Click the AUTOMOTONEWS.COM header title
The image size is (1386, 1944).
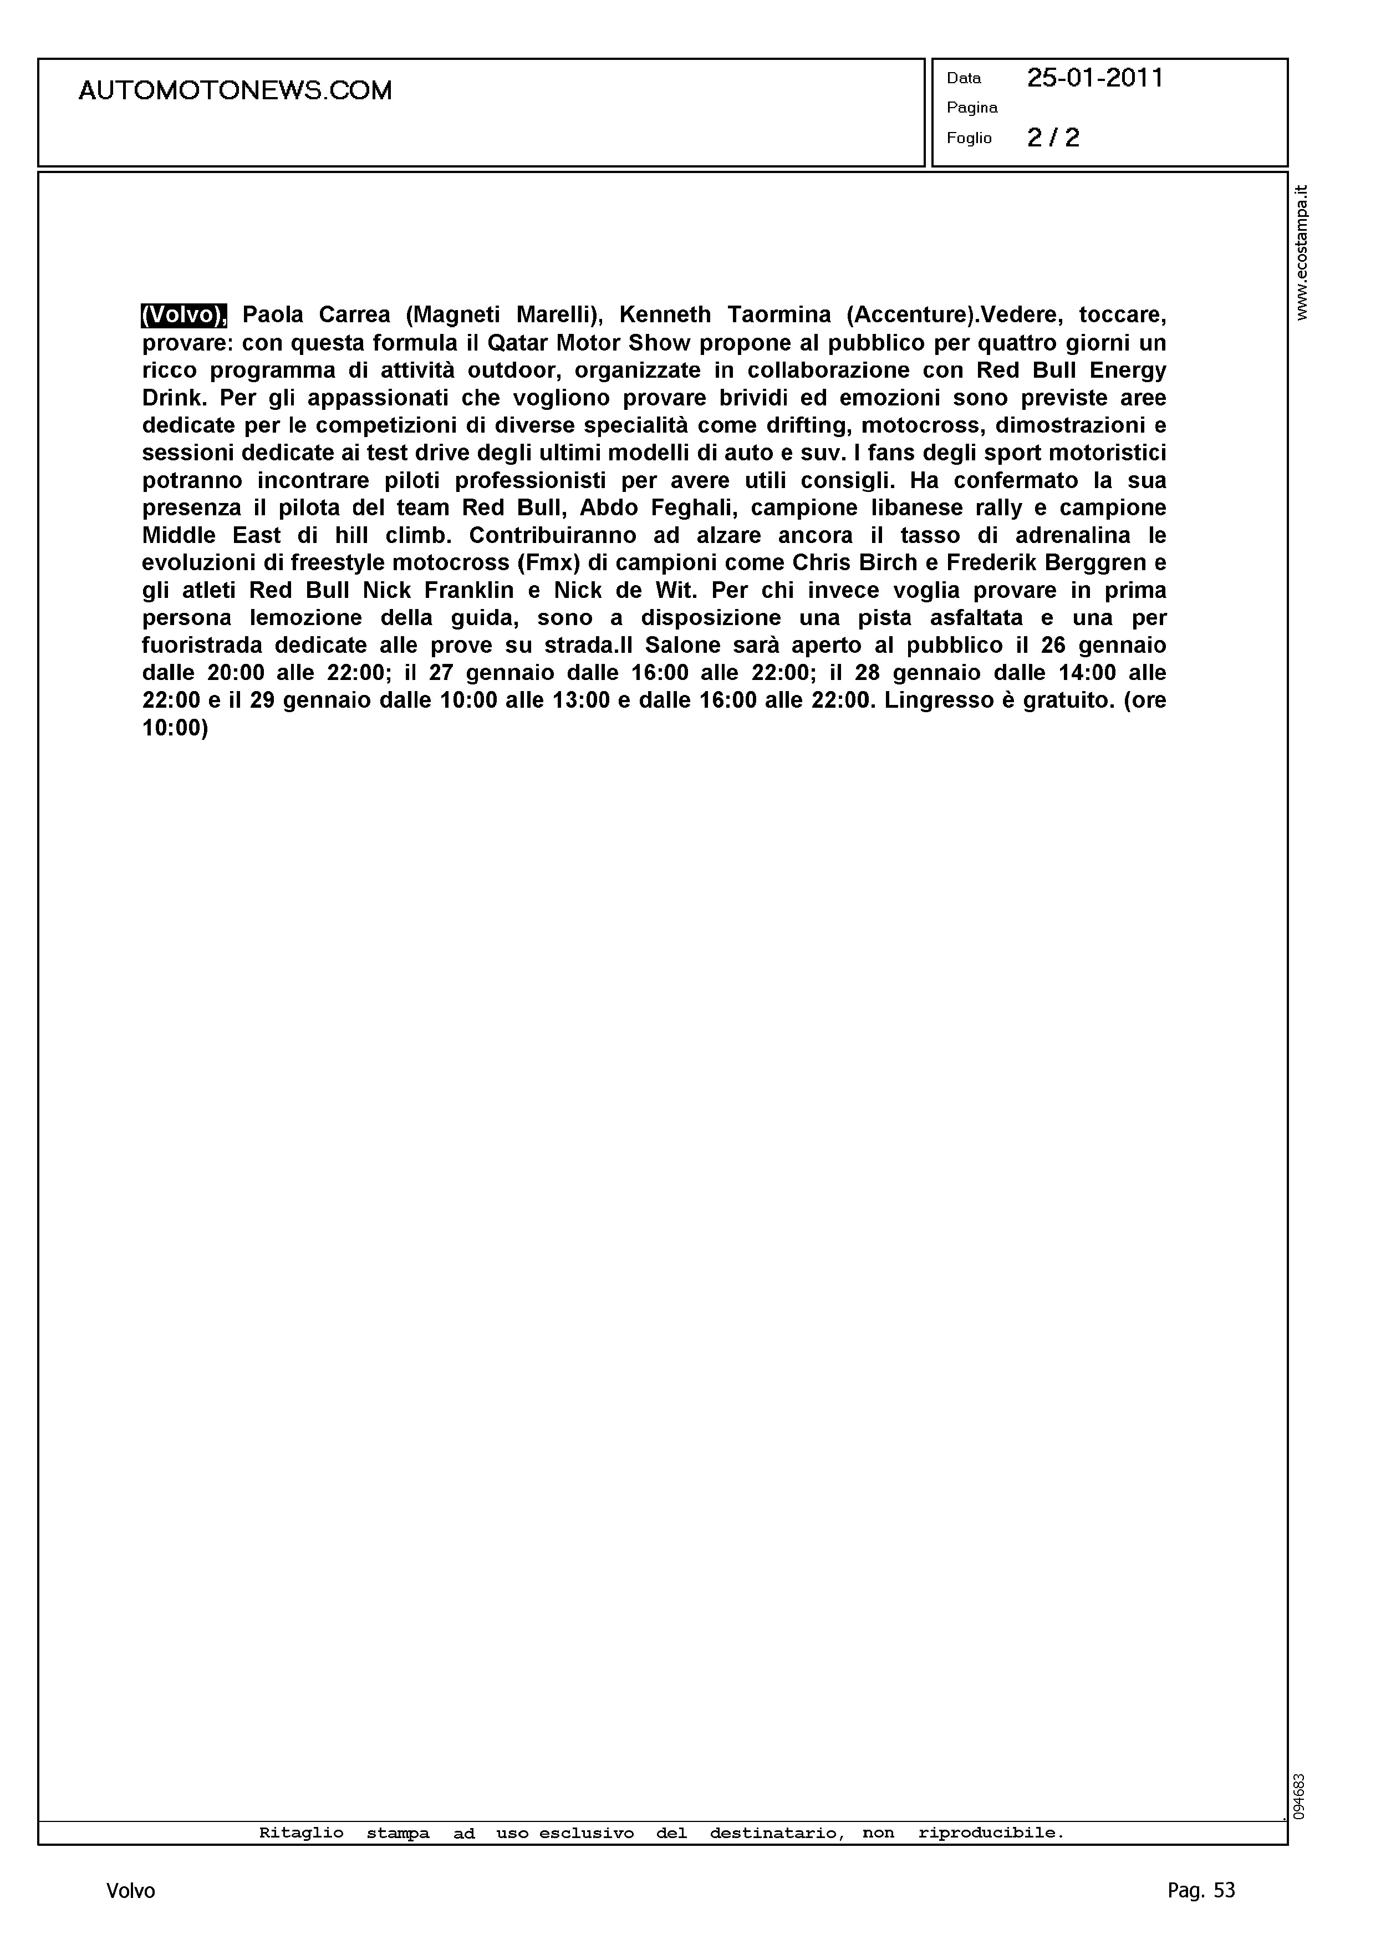point(235,90)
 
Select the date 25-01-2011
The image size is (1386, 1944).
point(1095,79)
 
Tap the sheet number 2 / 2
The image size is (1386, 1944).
point(1053,138)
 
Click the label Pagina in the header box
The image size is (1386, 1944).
point(972,108)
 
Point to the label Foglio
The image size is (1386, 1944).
point(969,138)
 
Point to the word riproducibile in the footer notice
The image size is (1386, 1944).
point(991,1833)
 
